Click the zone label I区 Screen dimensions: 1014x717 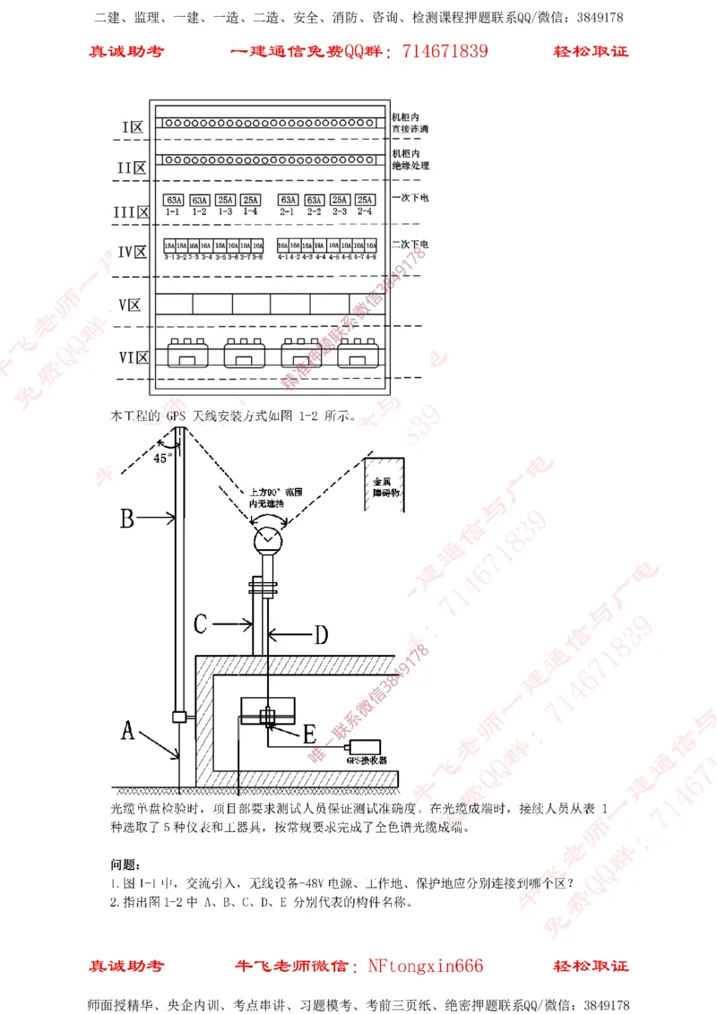[133, 127]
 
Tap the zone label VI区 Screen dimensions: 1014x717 [133, 357]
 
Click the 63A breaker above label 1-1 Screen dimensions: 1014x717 [174, 200]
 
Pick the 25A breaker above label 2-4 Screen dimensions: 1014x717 [365, 200]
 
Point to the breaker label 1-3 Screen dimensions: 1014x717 [224, 211]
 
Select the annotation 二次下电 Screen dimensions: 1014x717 [410, 244]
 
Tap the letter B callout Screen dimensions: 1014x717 [127, 517]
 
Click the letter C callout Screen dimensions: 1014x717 [202, 623]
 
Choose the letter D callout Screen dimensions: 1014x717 [320, 635]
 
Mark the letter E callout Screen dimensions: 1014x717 [309, 735]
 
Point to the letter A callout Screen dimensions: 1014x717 [128, 731]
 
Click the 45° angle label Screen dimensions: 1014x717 [161, 458]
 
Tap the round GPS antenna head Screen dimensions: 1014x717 [267, 539]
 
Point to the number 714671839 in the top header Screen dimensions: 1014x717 [445, 51]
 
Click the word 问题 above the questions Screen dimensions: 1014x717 [124, 864]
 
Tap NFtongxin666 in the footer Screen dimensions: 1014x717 [426, 966]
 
